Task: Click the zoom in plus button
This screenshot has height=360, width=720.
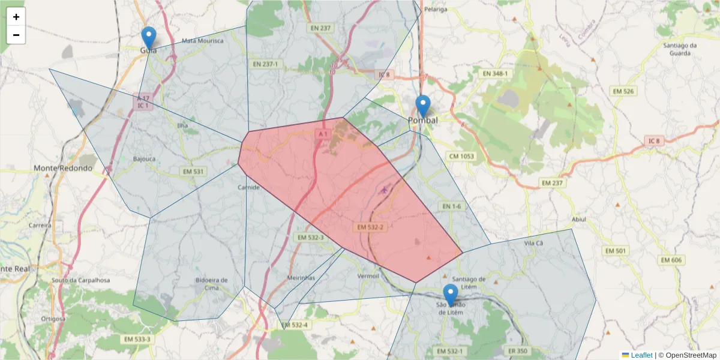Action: [16, 17]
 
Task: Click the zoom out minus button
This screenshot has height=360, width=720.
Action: [16, 35]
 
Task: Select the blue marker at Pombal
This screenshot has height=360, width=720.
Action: [423, 107]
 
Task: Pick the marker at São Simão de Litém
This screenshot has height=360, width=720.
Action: [450, 296]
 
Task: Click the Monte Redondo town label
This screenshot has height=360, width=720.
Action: [63, 168]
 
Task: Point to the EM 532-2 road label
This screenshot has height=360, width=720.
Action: [370, 227]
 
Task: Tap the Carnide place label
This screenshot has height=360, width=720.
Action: [249, 188]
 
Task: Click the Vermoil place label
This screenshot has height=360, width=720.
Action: [368, 276]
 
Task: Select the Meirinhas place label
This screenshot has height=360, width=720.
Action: [301, 278]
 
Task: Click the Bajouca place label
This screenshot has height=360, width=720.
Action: [144, 160]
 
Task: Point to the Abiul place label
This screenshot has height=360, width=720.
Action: [578, 220]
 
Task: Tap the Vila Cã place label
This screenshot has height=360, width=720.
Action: [533, 243]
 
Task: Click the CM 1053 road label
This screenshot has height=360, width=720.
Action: [461, 156]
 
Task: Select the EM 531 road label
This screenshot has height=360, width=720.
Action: [193, 172]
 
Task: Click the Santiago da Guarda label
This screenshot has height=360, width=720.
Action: [679, 49]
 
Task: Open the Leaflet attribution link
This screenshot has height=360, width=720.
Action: [641, 355]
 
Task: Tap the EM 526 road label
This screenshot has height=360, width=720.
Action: [625, 91]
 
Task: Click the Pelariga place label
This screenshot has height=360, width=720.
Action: [436, 10]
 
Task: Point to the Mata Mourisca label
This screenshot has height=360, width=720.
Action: [202, 41]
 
